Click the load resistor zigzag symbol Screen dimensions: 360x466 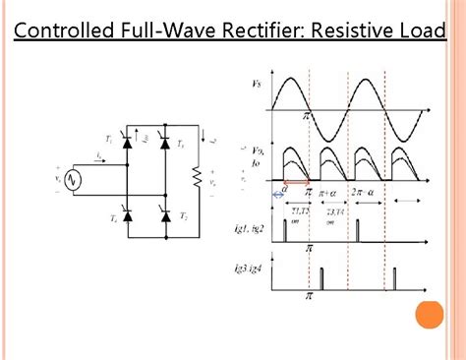coord(198,178)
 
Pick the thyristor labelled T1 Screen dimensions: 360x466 coord(126,144)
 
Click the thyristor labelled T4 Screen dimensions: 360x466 coord(126,216)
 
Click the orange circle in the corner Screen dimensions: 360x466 coord(429,317)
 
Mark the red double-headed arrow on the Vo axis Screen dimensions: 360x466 coord(297,183)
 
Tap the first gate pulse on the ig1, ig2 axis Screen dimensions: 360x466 coord(285,233)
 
